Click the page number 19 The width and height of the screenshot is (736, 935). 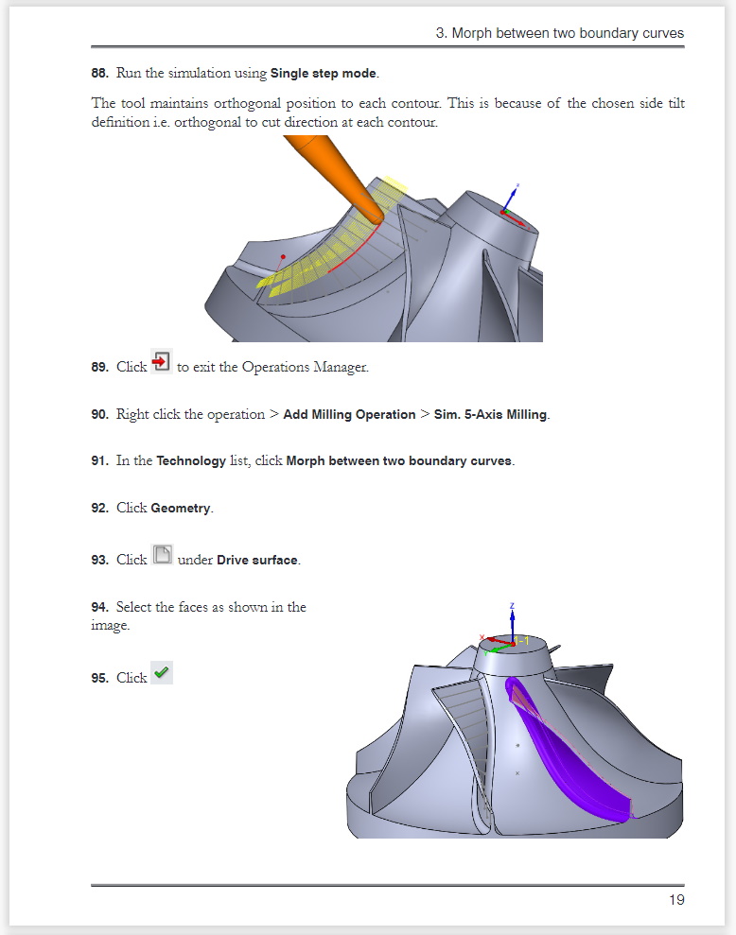676,900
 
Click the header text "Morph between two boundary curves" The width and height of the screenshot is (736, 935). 568,33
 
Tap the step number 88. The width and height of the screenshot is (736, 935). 99,73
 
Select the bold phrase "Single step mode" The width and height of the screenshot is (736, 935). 324,73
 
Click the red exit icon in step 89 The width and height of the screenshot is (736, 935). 161,362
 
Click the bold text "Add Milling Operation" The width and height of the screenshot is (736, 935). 349,414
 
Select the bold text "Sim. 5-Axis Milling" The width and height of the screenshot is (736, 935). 491,414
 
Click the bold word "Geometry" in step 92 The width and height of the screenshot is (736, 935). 181,508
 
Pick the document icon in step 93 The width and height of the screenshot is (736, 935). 163,555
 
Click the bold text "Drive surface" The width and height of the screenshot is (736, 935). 257,560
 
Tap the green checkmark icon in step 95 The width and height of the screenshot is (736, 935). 162,673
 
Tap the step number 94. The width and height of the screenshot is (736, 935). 99,607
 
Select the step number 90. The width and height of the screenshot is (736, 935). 99,414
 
